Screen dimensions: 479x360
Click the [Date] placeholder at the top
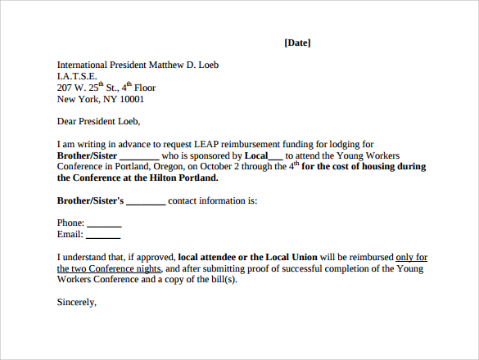297,43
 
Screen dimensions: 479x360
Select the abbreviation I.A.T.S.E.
76,76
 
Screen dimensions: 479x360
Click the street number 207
65,88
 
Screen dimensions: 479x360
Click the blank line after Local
275,155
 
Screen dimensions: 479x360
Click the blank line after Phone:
104,223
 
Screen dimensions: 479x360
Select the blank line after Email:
104,235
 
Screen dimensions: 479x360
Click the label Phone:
70,223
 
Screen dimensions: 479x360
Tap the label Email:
70,234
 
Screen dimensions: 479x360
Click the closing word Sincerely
76,302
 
